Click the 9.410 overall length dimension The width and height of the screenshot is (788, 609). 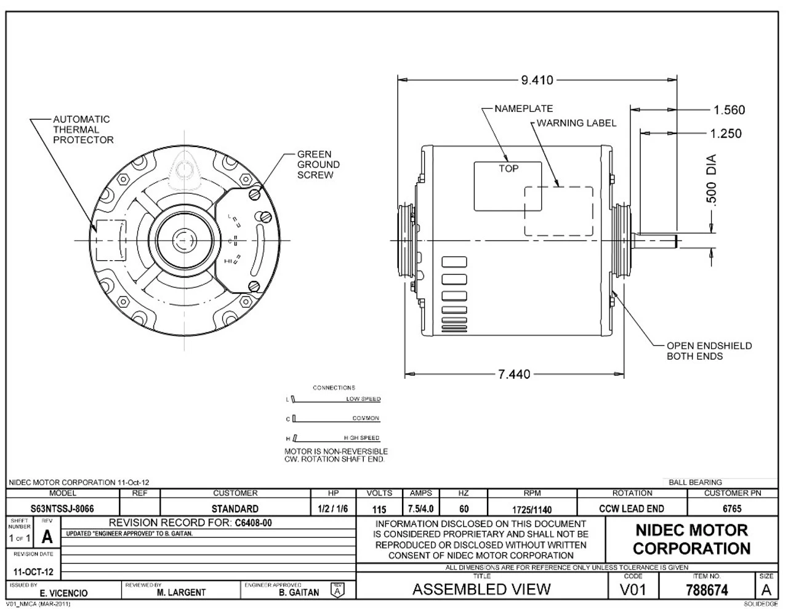(x=537, y=80)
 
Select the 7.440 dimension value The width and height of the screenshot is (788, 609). (x=513, y=374)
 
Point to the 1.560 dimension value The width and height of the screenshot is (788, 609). (x=729, y=110)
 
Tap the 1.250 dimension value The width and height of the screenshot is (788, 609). (x=725, y=133)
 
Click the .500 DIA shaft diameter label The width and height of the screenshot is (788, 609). (x=712, y=181)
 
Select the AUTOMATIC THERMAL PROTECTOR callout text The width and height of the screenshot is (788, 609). (x=82, y=130)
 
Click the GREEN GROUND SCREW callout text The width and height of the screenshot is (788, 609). (x=318, y=165)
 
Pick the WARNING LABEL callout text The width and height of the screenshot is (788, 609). (x=576, y=123)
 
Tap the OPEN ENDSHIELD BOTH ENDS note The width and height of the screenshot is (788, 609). (x=709, y=351)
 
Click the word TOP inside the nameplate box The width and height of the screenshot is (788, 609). (x=509, y=169)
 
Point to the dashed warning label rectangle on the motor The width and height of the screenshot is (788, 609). (x=558, y=211)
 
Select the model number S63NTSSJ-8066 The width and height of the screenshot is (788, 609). (x=62, y=509)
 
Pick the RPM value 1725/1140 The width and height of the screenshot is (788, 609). (x=532, y=510)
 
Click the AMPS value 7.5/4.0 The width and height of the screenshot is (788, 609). (x=420, y=509)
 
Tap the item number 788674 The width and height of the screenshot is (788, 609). (x=707, y=591)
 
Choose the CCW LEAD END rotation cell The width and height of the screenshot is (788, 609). (x=632, y=509)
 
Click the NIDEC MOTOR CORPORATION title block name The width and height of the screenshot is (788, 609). (x=691, y=539)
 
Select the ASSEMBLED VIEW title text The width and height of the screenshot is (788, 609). (x=481, y=589)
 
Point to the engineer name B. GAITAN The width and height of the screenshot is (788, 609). (x=299, y=593)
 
